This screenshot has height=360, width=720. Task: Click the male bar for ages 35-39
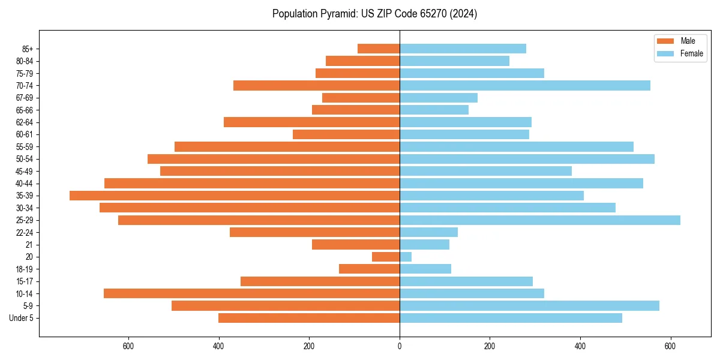pos(235,196)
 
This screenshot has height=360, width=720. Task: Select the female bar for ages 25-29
pos(540,220)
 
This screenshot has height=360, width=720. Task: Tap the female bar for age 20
pos(406,257)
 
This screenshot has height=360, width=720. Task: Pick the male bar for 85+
pos(379,49)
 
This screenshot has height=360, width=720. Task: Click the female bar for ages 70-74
pos(525,86)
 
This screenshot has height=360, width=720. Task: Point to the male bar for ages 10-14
pos(251,293)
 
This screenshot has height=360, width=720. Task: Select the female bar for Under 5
pos(511,318)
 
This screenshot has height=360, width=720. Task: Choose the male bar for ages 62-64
pos(311,122)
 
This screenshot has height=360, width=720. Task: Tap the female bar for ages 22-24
pos(428,232)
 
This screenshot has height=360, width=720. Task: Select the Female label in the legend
pos(691,53)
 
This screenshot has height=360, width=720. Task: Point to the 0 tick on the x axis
pos(400,346)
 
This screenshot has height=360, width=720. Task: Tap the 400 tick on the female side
pos(580,346)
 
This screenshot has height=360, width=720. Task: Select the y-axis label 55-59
pos(25,147)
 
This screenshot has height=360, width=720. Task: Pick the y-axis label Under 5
pos(21,318)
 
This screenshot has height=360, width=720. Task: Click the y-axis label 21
pos(29,245)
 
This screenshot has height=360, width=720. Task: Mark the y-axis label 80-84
pos(25,61)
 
